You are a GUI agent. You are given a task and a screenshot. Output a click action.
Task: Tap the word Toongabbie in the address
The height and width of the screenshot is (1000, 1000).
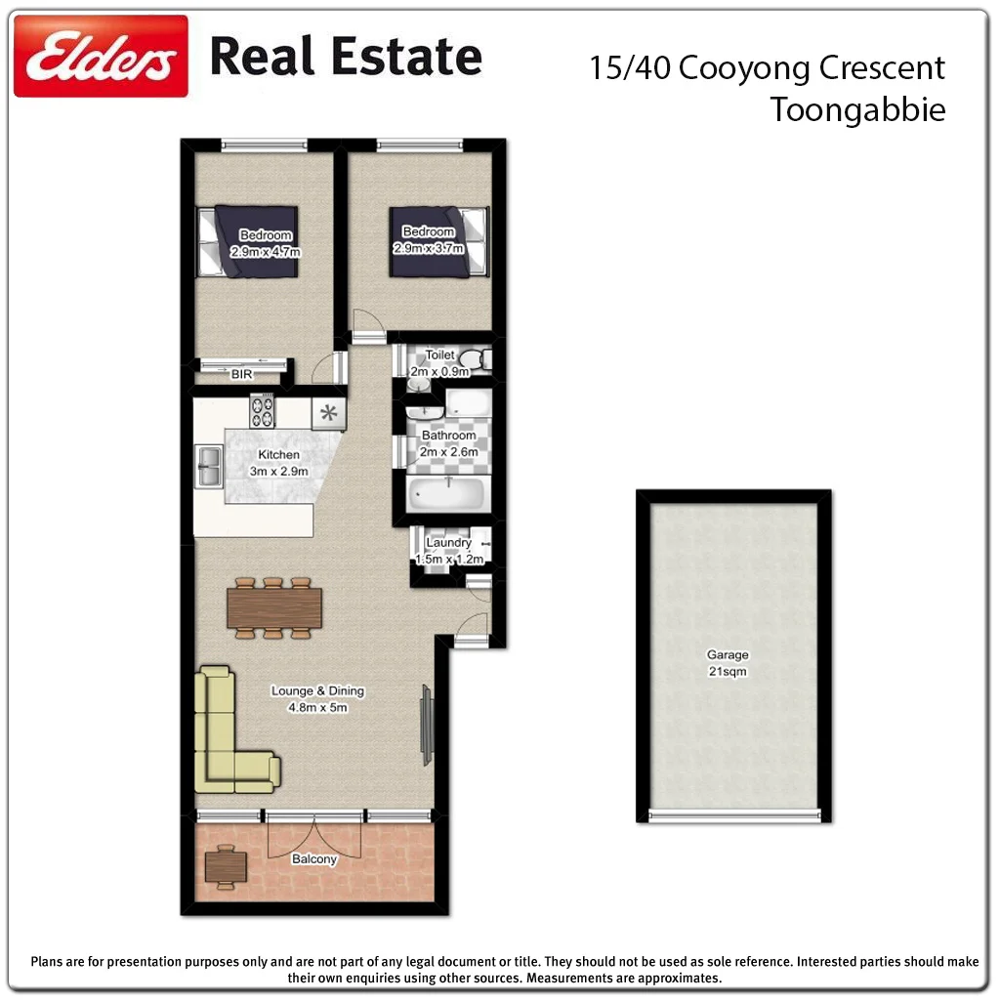[857, 109]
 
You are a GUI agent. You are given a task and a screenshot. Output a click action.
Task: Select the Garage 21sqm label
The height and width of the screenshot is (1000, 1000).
[728, 663]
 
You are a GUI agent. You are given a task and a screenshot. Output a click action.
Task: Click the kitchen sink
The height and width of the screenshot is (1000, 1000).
[208, 465]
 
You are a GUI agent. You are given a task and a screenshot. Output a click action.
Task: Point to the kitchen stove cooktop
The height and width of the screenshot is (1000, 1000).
[262, 410]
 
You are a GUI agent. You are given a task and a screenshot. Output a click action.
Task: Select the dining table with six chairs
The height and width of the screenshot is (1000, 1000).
[273, 607]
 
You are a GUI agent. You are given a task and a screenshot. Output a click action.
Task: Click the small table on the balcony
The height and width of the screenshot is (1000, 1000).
[227, 864]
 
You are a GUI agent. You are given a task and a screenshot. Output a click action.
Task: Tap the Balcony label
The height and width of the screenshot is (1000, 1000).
[314, 859]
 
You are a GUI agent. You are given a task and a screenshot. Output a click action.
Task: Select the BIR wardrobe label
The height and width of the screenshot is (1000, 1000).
[241, 373]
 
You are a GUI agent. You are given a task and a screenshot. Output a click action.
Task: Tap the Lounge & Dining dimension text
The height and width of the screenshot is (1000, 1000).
[317, 707]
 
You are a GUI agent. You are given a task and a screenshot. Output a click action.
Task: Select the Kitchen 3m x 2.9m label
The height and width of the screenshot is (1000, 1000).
[278, 463]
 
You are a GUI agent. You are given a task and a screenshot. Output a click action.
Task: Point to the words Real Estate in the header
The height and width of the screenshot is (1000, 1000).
[346, 56]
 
